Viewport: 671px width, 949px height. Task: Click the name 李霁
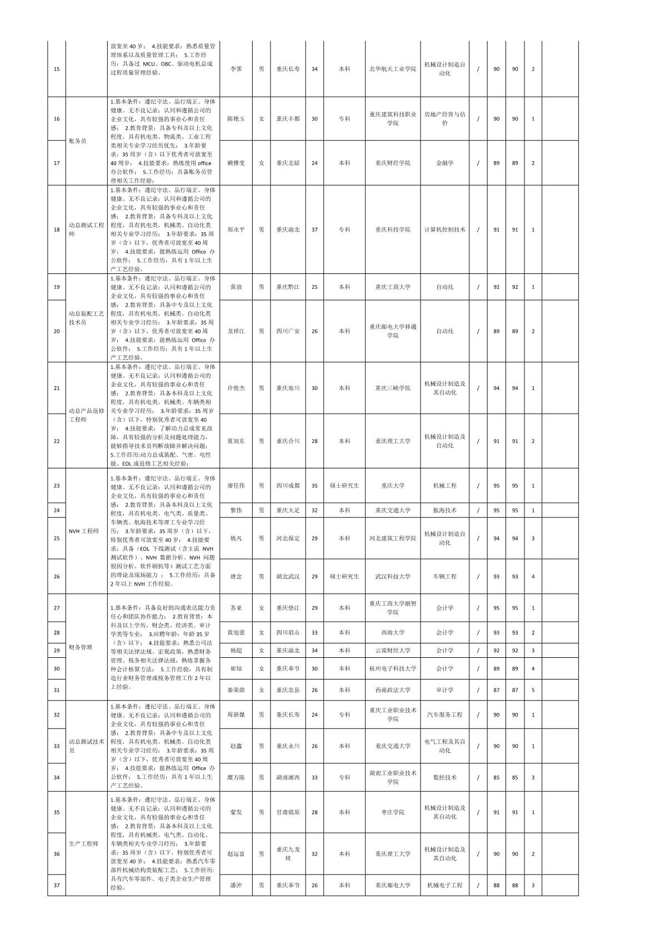236,69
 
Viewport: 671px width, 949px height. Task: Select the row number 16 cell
57,119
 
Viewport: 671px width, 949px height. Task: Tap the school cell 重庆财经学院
393,163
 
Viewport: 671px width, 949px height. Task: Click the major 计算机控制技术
444,229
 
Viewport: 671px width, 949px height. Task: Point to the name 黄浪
236,287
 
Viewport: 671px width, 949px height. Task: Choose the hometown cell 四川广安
288,331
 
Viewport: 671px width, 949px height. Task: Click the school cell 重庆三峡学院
393,388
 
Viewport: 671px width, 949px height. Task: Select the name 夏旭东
236,441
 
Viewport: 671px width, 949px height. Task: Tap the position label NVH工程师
84,531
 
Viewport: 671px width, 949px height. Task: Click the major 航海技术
444,510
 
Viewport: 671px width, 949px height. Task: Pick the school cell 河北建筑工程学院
393,538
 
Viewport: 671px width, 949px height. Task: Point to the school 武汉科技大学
393,577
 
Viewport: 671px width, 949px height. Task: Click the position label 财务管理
81,647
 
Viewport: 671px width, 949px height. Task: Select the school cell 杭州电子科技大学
393,669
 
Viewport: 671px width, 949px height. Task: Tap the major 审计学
444,690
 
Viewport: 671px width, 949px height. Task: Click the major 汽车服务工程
444,715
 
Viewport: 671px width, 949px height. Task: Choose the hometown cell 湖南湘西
288,778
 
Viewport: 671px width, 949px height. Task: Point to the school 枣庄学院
393,812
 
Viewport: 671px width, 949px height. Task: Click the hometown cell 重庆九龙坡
288,853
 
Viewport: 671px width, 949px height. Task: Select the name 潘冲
236,885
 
